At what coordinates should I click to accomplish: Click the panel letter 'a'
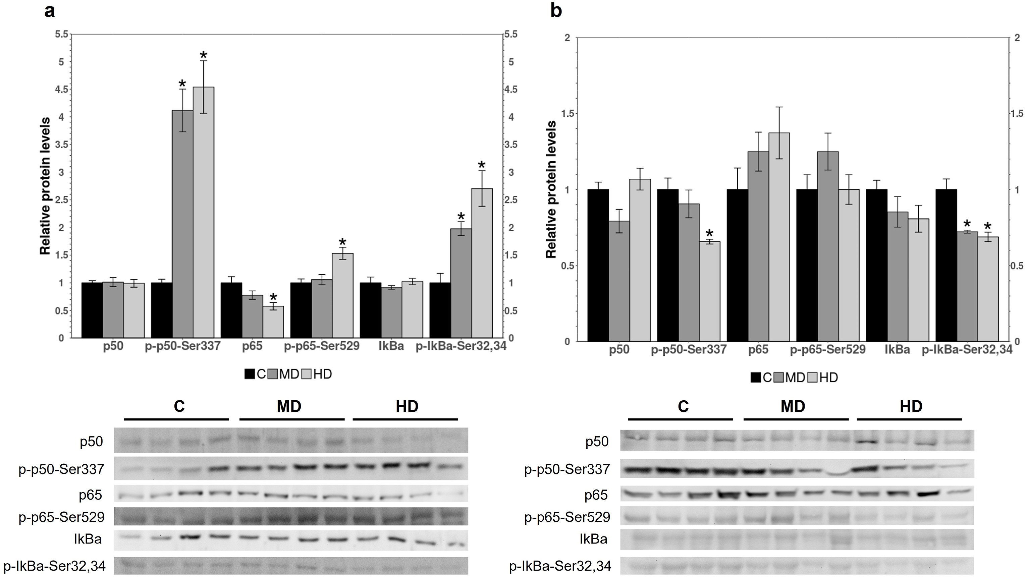tap(49, 11)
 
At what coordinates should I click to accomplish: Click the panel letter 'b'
tap(556, 11)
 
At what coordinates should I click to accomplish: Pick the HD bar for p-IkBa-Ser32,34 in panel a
tap(482, 263)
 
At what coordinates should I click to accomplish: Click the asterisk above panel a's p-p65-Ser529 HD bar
tap(342, 242)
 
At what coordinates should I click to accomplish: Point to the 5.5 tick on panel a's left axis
tap(62, 35)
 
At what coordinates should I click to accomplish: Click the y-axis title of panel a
tap(45, 186)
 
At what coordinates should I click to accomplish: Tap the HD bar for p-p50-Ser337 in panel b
tap(709, 291)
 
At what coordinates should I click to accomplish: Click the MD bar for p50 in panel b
tap(619, 281)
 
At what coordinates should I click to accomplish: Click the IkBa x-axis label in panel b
tap(897, 350)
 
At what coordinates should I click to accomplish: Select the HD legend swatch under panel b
tap(812, 378)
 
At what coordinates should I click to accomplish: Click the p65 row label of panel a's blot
tap(91, 495)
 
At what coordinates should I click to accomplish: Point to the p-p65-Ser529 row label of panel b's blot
tap(567, 517)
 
